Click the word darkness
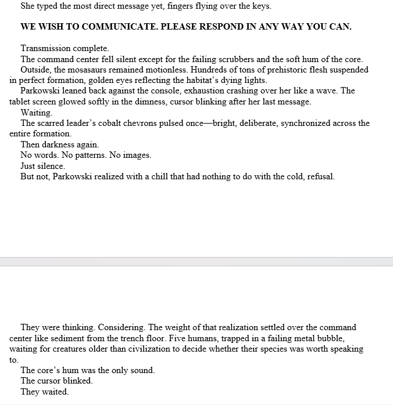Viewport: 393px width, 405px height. click(59, 144)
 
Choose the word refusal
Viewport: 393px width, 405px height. click(319, 176)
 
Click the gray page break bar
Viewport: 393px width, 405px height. click(196, 262)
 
